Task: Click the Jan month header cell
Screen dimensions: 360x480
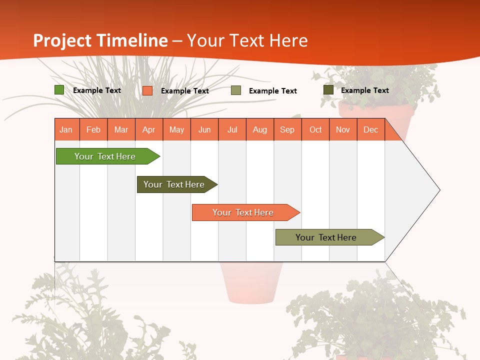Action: pos(66,129)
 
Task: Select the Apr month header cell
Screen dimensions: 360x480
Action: pos(149,129)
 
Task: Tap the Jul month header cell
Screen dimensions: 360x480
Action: pos(232,129)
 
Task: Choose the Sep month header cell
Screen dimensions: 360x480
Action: pos(287,129)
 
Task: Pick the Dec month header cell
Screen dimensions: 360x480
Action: pos(370,129)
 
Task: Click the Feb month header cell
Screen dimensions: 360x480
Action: pos(93,129)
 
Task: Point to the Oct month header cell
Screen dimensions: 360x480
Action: pos(315,129)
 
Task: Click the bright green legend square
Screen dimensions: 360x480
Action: pos(59,90)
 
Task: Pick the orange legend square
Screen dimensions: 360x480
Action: pos(147,90)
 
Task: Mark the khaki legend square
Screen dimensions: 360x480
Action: pos(236,90)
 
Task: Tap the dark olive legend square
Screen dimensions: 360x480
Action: pos(328,90)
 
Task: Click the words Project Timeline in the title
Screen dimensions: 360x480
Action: pos(100,40)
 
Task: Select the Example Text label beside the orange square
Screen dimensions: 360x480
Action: pos(184,91)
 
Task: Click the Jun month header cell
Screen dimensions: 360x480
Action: pos(204,129)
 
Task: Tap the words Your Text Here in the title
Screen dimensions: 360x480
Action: pos(247,40)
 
